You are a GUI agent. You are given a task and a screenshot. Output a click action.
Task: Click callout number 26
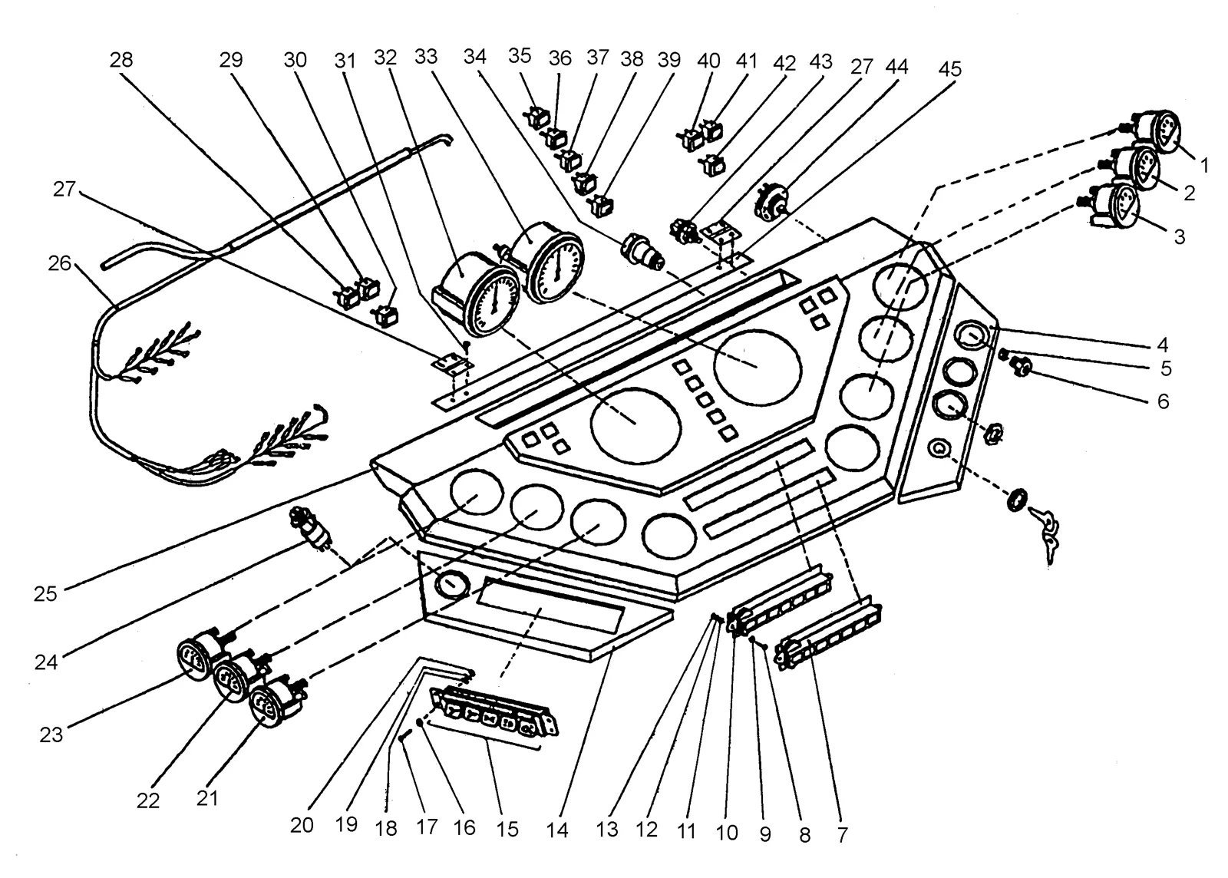pyautogui.click(x=59, y=263)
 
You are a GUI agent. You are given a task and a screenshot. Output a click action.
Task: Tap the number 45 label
pyautogui.click(x=950, y=69)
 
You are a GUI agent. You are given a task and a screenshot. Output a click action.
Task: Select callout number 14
pyautogui.click(x=557, y=830)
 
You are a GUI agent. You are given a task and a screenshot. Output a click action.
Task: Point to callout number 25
pyautogui.click(x=45, y=593)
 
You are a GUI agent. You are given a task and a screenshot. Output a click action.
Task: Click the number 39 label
pyautogui.click(x=668, y=60)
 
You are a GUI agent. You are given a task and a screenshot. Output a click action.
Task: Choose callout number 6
pyautogui.click(x=1164, y=401)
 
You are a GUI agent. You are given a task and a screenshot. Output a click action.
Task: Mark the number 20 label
pyautogui.click(x=302, y=825)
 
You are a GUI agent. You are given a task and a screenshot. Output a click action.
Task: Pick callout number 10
pyautogui.click(x=727, y=833)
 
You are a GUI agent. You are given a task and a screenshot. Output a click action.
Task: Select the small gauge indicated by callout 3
pyautogui.click(x=1110, y=207)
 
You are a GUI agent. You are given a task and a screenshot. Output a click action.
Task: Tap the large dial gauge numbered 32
pyautogui.click(x=477, y=293)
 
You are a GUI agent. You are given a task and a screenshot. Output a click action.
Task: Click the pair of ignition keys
pyautogui.click(x=1044, y=532)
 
